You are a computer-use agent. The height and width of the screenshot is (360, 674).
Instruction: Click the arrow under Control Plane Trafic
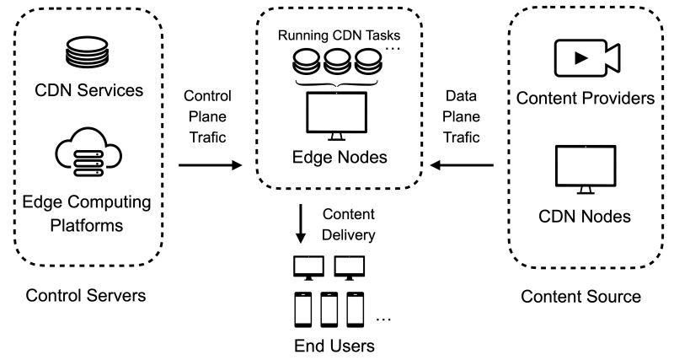click(210, 166)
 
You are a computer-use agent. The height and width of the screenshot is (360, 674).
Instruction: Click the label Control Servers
click(85, 296)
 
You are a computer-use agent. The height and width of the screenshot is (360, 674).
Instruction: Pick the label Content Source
click(580, 296)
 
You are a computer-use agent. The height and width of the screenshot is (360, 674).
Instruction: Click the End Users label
click(334, 346)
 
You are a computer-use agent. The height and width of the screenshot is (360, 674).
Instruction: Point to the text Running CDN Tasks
click(339, 37)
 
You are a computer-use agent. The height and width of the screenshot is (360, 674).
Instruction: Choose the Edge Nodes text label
click(339, 158)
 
